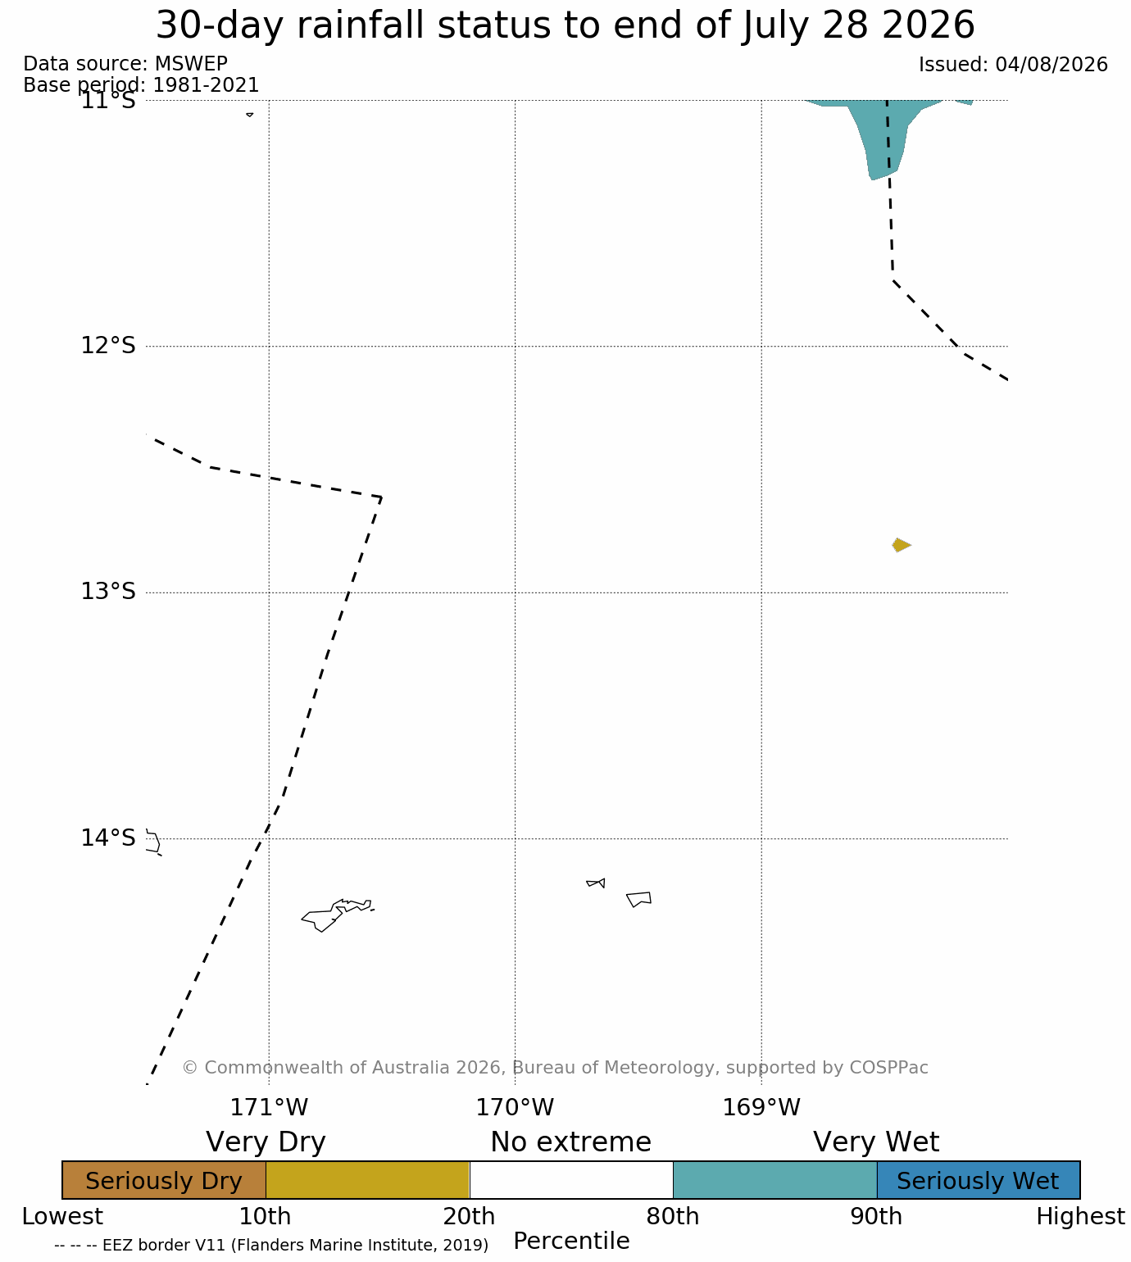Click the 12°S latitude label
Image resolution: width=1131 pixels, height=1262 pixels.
pos(108,345)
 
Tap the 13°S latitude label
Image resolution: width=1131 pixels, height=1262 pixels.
pos(108,591)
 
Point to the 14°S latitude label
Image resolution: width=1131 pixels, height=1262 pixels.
pos(108,838)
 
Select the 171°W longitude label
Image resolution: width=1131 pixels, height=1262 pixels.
pos(269,1107)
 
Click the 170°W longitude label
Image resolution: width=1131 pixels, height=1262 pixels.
pos(515,1107)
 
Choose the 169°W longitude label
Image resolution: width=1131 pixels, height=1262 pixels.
pos(761,1107)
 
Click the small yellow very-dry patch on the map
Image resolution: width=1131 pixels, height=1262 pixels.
pos(901,545)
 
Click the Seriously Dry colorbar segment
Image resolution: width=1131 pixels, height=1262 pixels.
pos(164,1180)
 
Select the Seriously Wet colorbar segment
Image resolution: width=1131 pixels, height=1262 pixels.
pos(979,1180)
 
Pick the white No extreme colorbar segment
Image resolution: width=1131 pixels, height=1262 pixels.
pos(570,1180)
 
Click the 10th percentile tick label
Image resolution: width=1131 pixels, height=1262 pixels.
pos(265,1216)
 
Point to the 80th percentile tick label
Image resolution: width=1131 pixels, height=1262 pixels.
pos(672,1216)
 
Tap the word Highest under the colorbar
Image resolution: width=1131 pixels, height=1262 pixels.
pos(1080,1216)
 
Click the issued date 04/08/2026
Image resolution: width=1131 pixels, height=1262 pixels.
pos(1052,64)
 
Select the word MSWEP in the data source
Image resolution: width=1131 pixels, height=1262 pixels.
pos(191,64)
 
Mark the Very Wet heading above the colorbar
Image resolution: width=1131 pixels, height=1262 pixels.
pos(875,1142)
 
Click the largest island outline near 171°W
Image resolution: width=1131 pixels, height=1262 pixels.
pos(337,915)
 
